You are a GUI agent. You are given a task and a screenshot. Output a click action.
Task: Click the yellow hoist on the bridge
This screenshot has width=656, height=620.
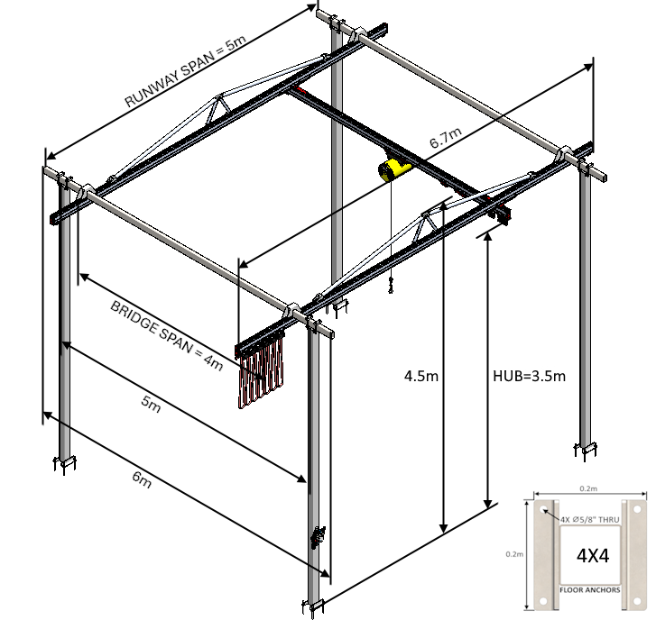pyautogui.click(x=393, y=169)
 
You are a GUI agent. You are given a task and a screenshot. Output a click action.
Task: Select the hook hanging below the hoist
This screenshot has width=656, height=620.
pyautogui.click(x=391, y=287)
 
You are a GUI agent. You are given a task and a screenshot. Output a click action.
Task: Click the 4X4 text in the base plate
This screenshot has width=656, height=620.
pyautogui.click(x=592, y=555)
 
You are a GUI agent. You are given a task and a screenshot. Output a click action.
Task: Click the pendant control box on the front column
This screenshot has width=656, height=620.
pyautogui.click(x=317, y=537)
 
